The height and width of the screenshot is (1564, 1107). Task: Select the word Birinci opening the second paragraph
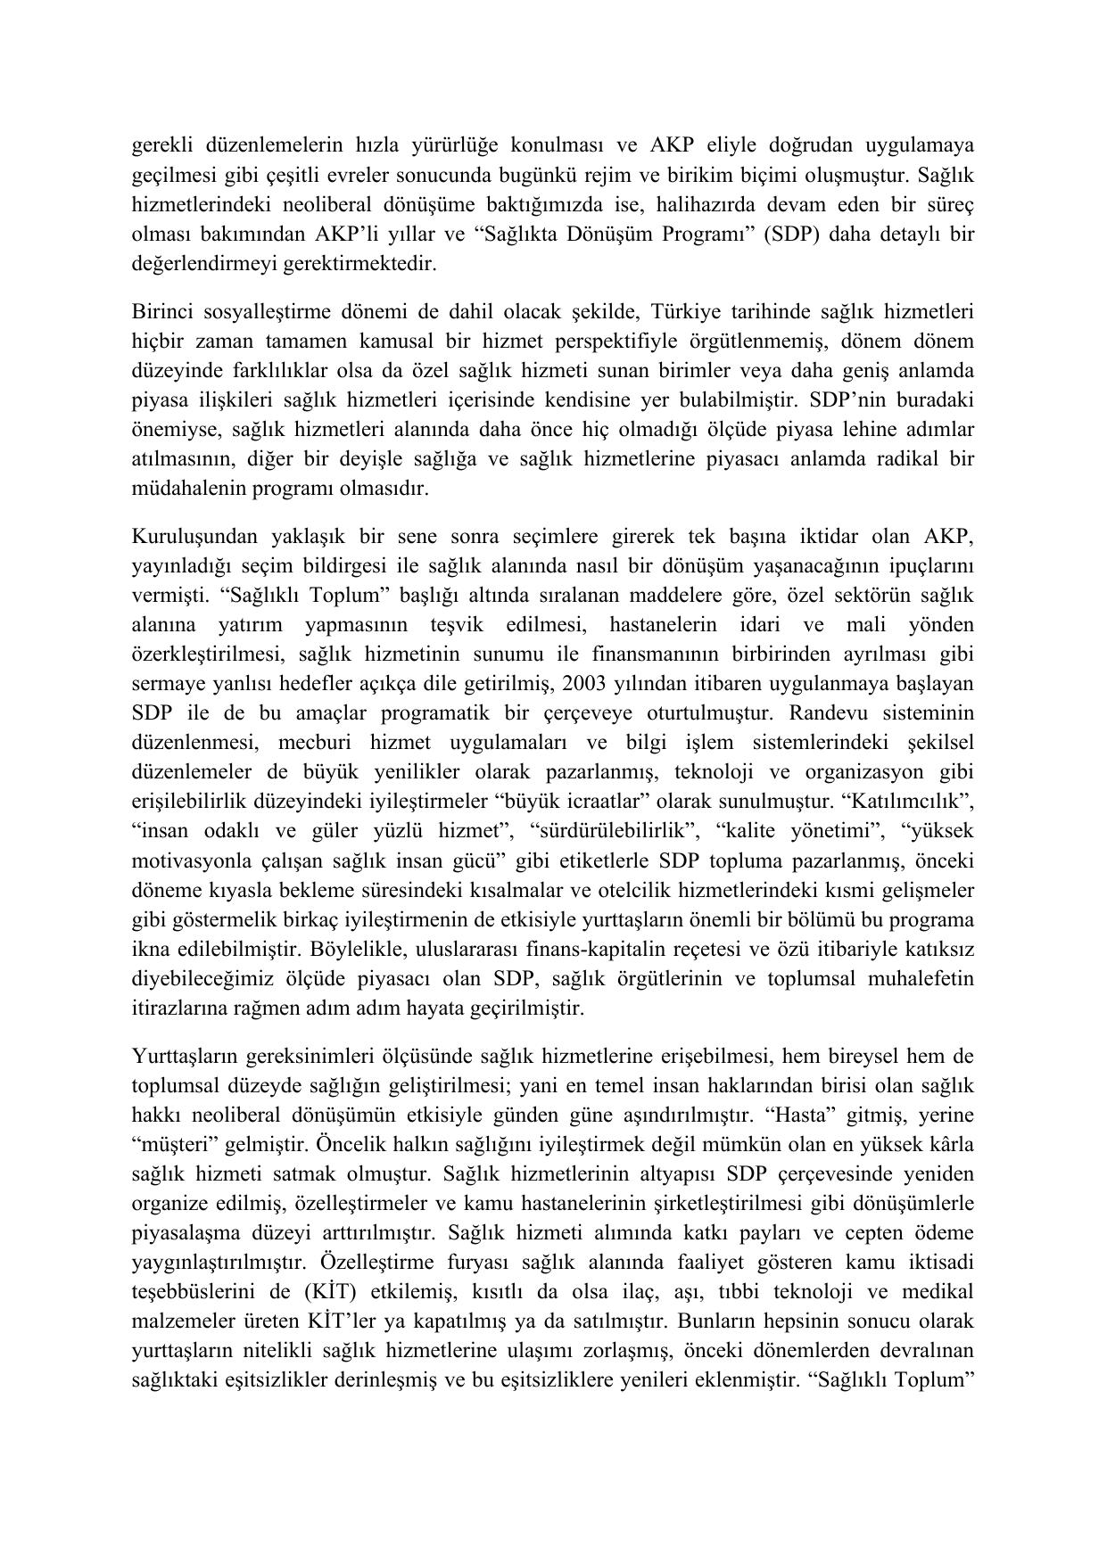(x=161, y=312)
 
